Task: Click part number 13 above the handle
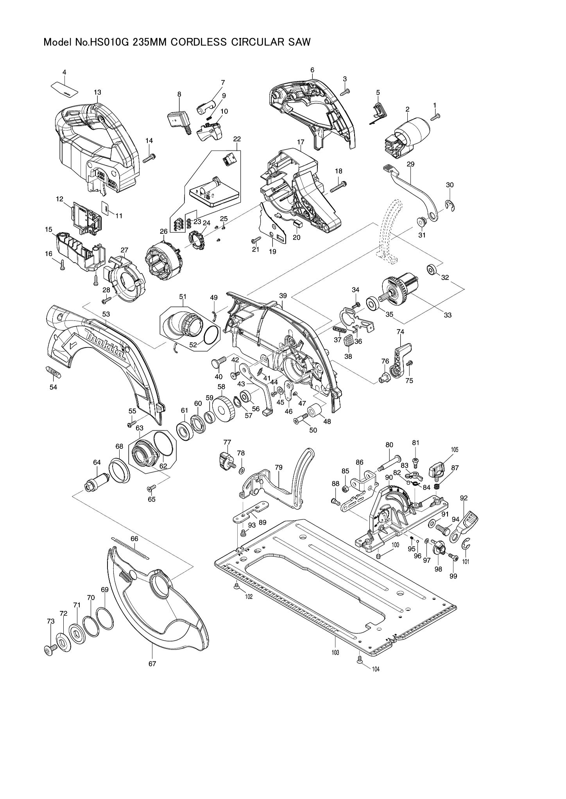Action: pos(97,92)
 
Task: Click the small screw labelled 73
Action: pos(50,649)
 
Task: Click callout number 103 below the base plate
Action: pos(335,652)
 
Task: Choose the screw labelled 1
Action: pos(435,116)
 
